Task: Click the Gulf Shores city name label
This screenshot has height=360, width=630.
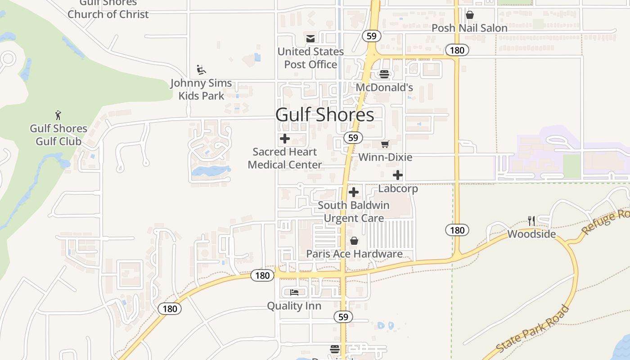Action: tap(324, 115)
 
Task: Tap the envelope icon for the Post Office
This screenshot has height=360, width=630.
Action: tap(310, 39)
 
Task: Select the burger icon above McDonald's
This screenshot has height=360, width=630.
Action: tap(384, 74)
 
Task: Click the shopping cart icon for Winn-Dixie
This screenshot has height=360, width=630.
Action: tap(385, 144)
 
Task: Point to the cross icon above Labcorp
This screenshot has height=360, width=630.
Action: tap(398, 175)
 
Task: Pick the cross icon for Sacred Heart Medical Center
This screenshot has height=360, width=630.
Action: tap(285, 139)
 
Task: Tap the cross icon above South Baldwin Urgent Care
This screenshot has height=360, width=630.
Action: tap(354, 192)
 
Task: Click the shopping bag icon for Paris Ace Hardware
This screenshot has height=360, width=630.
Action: tap(354, 241)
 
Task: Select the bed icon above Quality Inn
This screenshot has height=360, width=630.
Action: tap(294, 292)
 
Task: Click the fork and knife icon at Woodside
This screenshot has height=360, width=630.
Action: tap(531, 220)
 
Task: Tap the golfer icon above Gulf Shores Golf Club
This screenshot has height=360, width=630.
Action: tap(58, 115)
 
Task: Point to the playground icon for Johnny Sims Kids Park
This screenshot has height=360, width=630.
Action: tap(201, 70)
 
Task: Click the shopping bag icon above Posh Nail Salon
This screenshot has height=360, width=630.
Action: tap(470, 15)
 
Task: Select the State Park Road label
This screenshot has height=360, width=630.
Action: tap(533, 329)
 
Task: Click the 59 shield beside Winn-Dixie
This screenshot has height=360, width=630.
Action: tap(353, 138)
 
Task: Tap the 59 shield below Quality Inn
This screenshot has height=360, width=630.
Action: tap(343, 317)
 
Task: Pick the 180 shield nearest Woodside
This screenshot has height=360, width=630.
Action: tap(457, 230)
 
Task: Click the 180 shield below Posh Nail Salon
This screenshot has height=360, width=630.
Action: tap(457, 50)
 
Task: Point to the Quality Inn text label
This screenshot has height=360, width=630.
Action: tap(294, 306)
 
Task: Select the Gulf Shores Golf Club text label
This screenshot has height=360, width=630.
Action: tap(58, 135)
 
